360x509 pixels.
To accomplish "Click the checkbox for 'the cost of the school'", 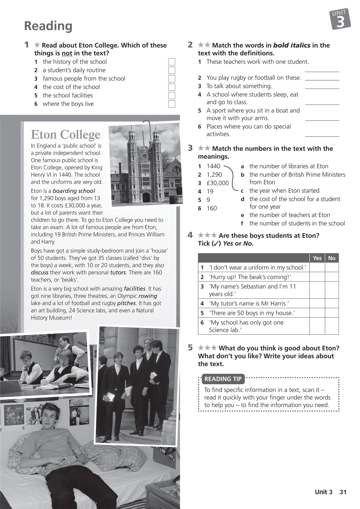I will [x=171, y=87].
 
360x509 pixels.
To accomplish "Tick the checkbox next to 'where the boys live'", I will [x=171, y=104].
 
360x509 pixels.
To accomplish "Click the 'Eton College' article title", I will [x=66, y=135].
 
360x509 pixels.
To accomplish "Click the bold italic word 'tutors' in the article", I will [x=118, y=272].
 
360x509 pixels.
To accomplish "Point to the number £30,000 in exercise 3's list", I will [x=218, y=183].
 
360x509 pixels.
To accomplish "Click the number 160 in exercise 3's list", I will [x=212, y=208].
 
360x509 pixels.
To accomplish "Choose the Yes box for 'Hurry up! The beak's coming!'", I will [x=317, y=277].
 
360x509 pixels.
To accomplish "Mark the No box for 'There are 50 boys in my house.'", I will [x=332, y=313].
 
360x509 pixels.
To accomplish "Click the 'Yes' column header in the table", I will [x=317, y=258].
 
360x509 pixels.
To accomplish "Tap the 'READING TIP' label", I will [x=223, y=379].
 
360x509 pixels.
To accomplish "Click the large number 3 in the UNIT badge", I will [x=341, y=22].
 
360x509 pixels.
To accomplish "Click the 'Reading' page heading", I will [x=48, y=26].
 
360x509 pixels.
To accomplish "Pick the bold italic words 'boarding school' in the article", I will [x=74, y=191].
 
